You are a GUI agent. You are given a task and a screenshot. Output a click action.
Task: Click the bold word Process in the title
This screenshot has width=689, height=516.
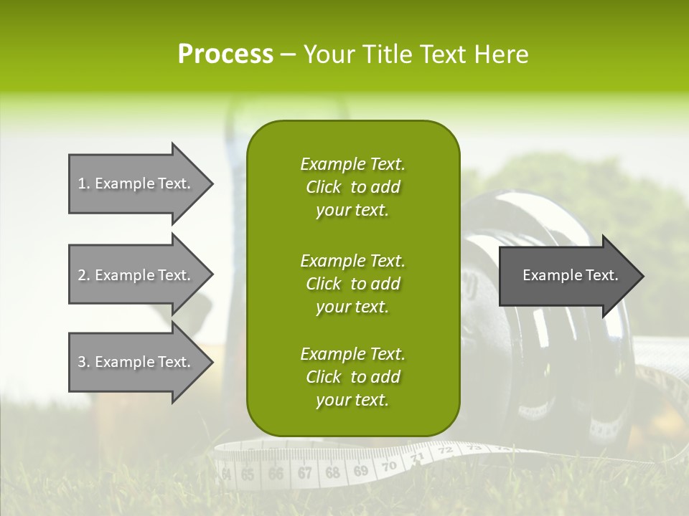(225, 54)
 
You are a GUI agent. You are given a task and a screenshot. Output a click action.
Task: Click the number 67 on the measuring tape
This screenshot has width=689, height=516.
(305, 473)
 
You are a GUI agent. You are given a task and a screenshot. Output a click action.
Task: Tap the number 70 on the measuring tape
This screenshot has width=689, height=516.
(388, 467)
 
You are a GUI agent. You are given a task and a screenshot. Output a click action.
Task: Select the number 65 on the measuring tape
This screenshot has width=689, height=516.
(248, 474)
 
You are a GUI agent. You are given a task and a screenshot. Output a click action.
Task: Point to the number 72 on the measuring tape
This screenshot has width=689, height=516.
(445, 451)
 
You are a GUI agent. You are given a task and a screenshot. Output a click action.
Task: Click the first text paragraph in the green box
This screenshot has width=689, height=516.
(352, 187)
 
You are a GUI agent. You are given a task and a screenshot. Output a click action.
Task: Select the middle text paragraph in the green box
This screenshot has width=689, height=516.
(352, 284)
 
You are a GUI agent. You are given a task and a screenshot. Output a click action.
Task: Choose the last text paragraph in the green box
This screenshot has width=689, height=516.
(352, 377)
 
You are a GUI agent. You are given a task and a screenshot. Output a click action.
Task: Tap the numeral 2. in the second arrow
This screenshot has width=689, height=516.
(83, 275)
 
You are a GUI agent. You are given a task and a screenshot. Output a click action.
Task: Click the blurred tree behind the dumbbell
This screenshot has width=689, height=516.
(545, 186)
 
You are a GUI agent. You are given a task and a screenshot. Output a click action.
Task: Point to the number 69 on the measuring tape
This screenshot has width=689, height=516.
(361, 471)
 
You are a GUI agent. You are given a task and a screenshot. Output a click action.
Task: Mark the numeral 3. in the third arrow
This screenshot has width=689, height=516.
(83, 362)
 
